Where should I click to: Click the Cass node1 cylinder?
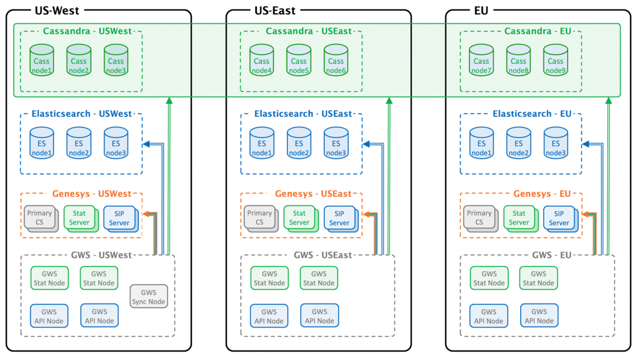pyautogui.click(x=42, y=61)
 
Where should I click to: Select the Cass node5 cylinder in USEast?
pyautogui.click(x=299, y=61)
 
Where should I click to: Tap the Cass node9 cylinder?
pyautogui.click(x=555, y=61)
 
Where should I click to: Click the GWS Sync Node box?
pyautogui.click(x=149, y=297)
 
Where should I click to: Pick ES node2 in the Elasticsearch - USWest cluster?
pyautogui.click(x=79, y=143)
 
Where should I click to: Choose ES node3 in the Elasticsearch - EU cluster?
pyautogui.click(x=555, y=143)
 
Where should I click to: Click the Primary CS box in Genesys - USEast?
pyautogui.click(x=260, y=218)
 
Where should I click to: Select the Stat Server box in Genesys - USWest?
pyautogui.click(x=79, y=218)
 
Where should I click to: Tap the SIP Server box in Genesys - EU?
pyautogui.click(x=558, y=218)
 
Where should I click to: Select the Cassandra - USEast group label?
pyautogui.click(x=302, y=31)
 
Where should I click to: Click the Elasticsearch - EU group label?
pyautogui.click(x=532, y=114)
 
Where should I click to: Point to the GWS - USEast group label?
pyautogui.click(x=322, y=255)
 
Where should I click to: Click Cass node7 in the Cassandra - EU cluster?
pyautogui.click(x=481, y=61)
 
